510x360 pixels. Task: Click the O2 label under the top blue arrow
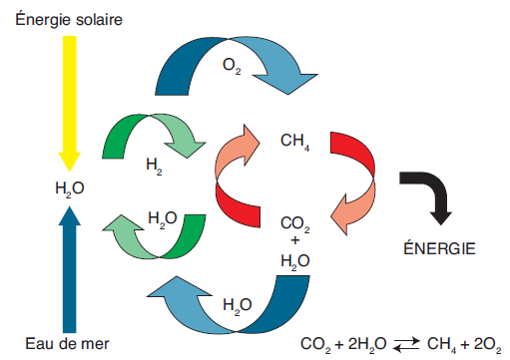tap(233, 68)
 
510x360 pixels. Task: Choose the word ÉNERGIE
tap(437, 246)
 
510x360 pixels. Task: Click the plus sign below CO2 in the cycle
tap(294, 240)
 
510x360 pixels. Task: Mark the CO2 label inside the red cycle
tap(295, 224)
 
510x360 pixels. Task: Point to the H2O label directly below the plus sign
tap(294, 261)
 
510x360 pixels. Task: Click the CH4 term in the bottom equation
tap(440, 344)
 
